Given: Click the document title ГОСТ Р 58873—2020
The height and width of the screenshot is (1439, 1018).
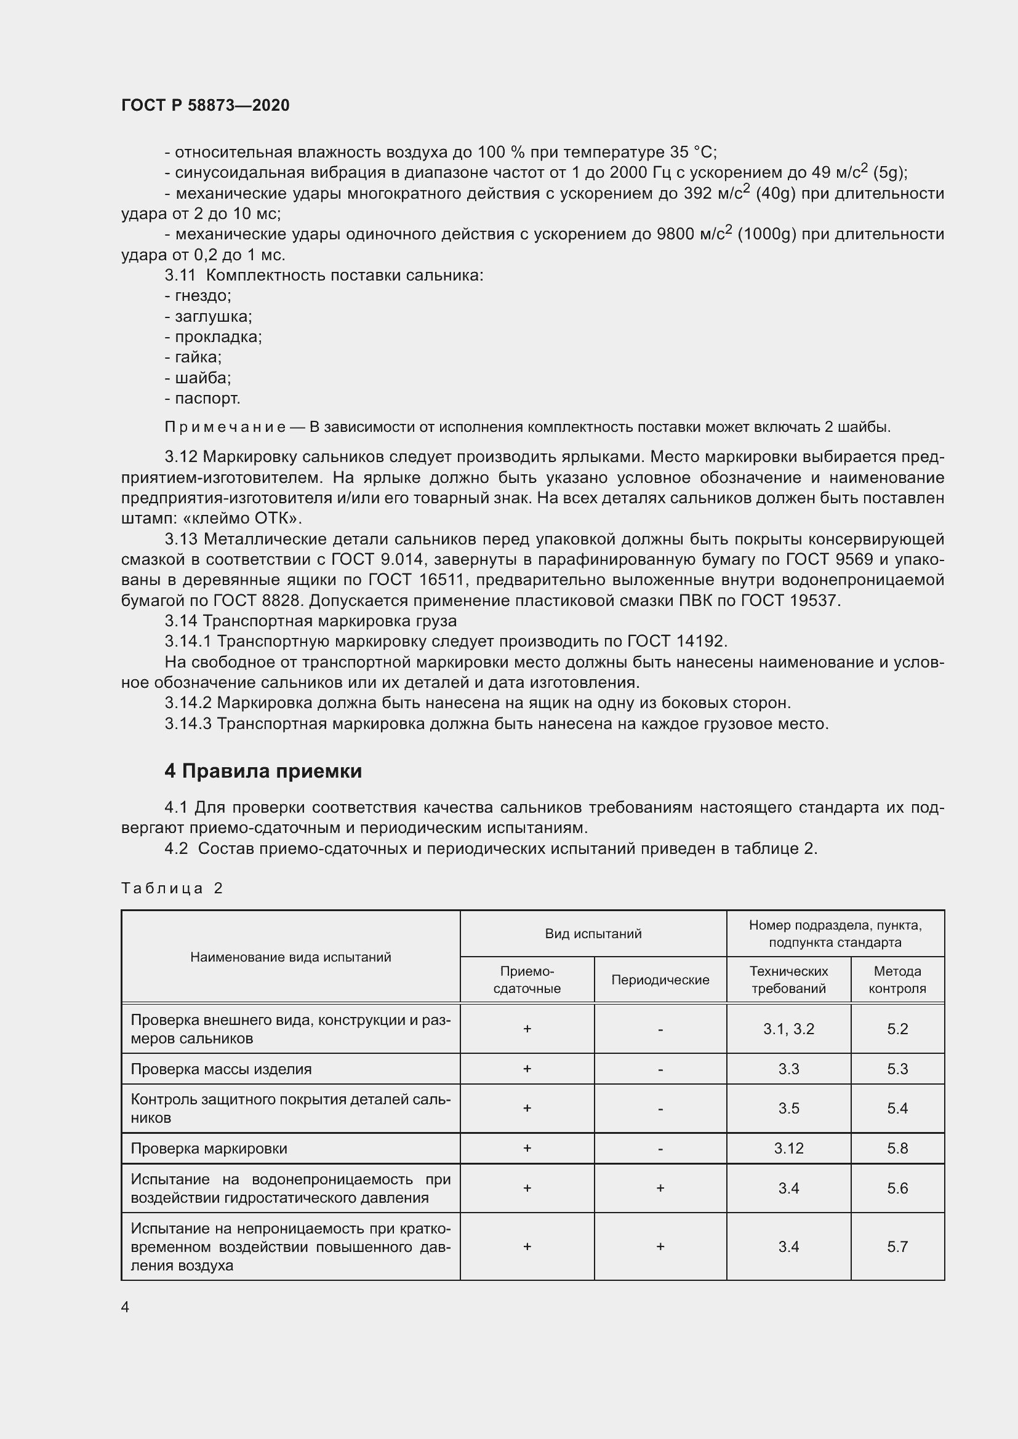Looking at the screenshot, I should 205,105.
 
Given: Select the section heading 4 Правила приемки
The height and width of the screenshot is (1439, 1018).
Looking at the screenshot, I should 263,771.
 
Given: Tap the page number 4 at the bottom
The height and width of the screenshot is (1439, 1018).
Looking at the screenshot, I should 126,1307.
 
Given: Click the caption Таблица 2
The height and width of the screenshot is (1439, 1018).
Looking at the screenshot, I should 172,888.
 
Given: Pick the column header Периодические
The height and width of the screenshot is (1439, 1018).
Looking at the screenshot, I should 660,979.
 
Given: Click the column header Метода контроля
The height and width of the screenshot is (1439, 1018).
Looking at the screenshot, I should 897,979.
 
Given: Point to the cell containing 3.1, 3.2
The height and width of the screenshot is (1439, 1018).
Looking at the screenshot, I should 788,1029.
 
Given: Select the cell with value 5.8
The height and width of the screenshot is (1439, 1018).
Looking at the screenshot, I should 897,1148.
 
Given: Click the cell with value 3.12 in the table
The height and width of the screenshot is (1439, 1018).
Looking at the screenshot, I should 788,1148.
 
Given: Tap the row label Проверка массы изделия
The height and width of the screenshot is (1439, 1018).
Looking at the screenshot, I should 221,1069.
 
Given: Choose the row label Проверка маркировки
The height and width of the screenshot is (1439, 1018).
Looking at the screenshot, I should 209,1148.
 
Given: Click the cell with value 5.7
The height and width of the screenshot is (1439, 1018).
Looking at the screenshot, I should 897,1246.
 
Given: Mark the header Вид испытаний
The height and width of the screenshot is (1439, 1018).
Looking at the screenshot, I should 593,934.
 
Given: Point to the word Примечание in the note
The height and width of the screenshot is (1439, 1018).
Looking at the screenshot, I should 225,428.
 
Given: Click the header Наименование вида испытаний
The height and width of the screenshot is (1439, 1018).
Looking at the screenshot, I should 291,957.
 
